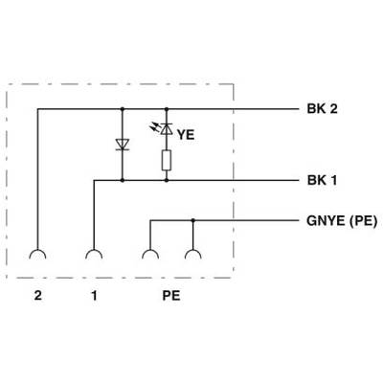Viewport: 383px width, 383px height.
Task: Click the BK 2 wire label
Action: [x=322, y=109]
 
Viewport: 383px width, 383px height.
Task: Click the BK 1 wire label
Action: [x=322, y=181]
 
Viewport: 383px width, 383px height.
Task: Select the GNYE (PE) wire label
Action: [x=342, y=221]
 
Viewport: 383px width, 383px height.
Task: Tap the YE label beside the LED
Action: [x=186, y=135]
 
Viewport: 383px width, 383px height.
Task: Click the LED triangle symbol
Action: [x=167, y=128]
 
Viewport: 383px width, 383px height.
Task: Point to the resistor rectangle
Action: [x=167, y=160]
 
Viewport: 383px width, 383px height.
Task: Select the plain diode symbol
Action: [x=122, y=145]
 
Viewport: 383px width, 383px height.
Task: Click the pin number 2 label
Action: [x=37, y=296]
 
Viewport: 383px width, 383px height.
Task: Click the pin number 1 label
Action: [x=94, y=296]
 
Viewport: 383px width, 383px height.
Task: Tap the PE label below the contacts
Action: [x=171, y=296]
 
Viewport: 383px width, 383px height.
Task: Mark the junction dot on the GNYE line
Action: [x=192, y=220]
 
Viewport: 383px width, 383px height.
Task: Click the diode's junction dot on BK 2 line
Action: [x=122, y=109]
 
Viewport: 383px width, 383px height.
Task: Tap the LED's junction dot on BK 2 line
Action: [x=167, y=109]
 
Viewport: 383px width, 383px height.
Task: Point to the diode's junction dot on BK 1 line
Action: [x=122, y=181]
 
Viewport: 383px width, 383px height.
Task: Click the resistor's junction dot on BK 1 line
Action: [x=167, y=181]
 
